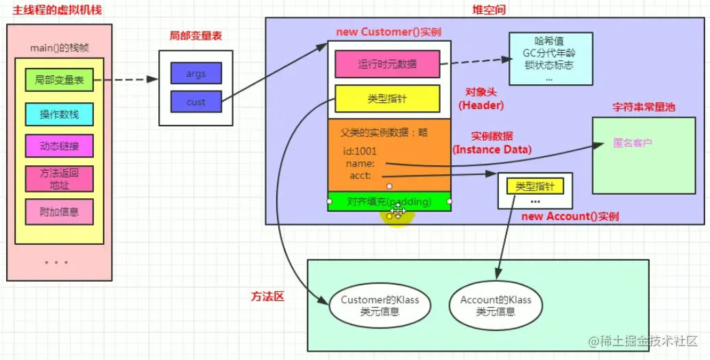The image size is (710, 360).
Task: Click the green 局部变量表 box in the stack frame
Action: [59, 80]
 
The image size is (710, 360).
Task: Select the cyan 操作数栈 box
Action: [59, 113]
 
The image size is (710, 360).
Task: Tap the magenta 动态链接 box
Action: [59, 145]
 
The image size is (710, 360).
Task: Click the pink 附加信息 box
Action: [59, 212]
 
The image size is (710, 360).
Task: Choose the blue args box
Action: [196, 73]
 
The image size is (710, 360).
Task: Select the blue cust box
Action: [196, 102]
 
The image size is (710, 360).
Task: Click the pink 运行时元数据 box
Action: [387, 65]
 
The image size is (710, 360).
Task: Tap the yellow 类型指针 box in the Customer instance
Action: [387, 99]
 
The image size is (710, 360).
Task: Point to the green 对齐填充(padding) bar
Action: [389, 202]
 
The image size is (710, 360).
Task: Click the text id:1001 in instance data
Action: [359, 152]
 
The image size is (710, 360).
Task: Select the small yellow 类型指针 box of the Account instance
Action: [535, 186]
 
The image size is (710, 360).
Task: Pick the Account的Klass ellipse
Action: [495, 305]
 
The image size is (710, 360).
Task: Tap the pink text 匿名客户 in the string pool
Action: [633, 144]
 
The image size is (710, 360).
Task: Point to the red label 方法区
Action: [267, 297]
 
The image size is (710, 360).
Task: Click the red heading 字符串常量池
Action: [644, 108]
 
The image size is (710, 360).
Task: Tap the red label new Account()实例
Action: [570, 217]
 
